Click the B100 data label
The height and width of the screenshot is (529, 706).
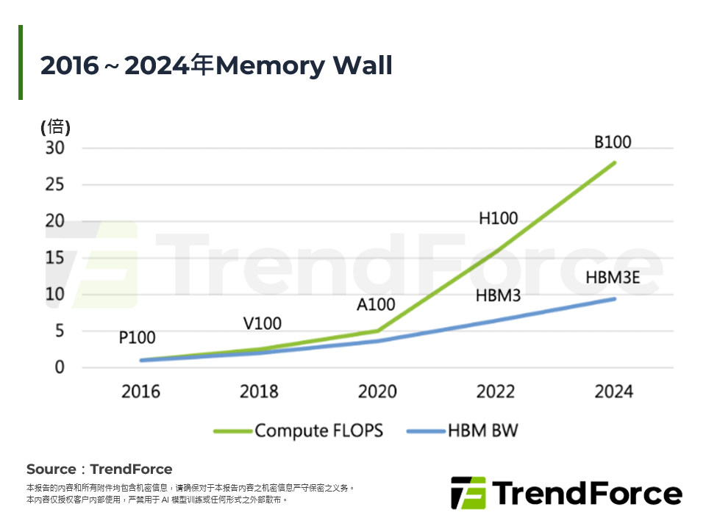point(613,143)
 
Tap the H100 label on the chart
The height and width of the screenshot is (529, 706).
point(499,218)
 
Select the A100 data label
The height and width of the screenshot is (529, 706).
point(376,304)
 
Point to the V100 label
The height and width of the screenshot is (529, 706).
point(262,323)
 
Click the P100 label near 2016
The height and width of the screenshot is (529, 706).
point(137,338)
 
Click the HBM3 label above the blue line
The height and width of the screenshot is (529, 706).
point(499,296)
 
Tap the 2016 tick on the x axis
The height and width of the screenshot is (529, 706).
point(140,391)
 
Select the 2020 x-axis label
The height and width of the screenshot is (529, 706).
point(377,391)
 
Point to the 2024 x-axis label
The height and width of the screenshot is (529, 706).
point(613,391)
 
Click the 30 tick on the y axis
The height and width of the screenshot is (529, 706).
point(56,148)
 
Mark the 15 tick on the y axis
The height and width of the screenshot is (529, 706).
point(56,258)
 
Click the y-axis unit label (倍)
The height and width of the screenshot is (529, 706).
point(55,126)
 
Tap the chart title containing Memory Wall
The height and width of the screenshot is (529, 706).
point(216,65)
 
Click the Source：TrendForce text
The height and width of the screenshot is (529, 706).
point(99,469)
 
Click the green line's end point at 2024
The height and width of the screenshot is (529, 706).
point(613,162)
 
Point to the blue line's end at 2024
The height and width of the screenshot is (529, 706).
point(613,298)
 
